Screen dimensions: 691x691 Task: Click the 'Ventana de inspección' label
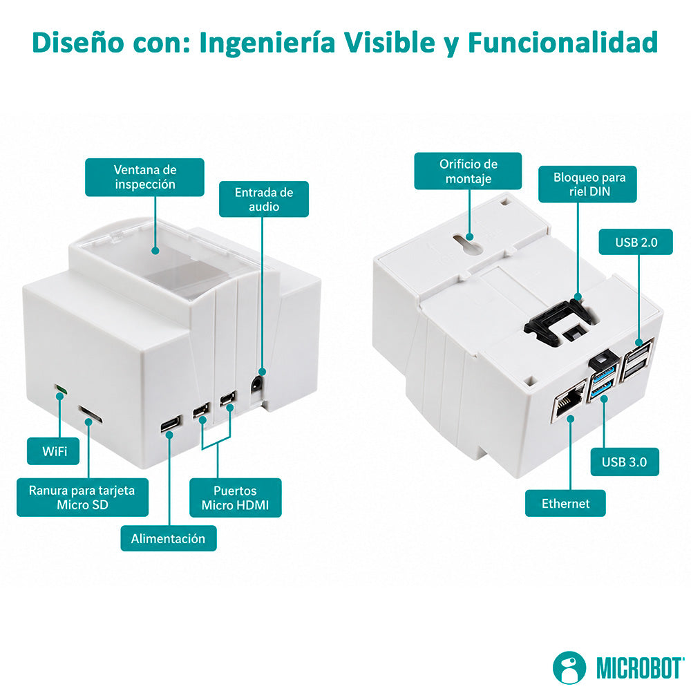(144, 177)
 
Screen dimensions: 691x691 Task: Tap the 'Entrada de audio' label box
(263, 199)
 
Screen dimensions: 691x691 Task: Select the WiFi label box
(53, 451)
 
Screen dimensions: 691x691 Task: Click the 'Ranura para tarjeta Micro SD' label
(82, 497)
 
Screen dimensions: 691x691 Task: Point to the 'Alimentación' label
(169, 538)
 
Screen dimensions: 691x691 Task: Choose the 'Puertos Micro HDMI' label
(236, 498)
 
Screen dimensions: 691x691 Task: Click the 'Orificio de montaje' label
(468, 171)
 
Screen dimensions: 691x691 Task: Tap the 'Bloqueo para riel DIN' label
(587, 184)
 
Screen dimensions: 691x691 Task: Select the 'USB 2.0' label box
(636, 242)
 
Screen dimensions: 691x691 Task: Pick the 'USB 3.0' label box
(625, 462)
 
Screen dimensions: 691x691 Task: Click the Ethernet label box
(565, 503)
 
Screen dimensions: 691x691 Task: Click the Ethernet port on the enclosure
(569, 401)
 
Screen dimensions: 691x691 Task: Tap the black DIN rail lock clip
(560, 321)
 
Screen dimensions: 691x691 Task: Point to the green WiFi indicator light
(61, 390)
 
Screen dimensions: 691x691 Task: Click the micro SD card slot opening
(91, 415)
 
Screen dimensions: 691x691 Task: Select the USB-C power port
(171, 424)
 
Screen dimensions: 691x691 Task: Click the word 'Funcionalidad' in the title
(563, 43)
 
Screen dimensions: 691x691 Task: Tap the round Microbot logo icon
(569, 668)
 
